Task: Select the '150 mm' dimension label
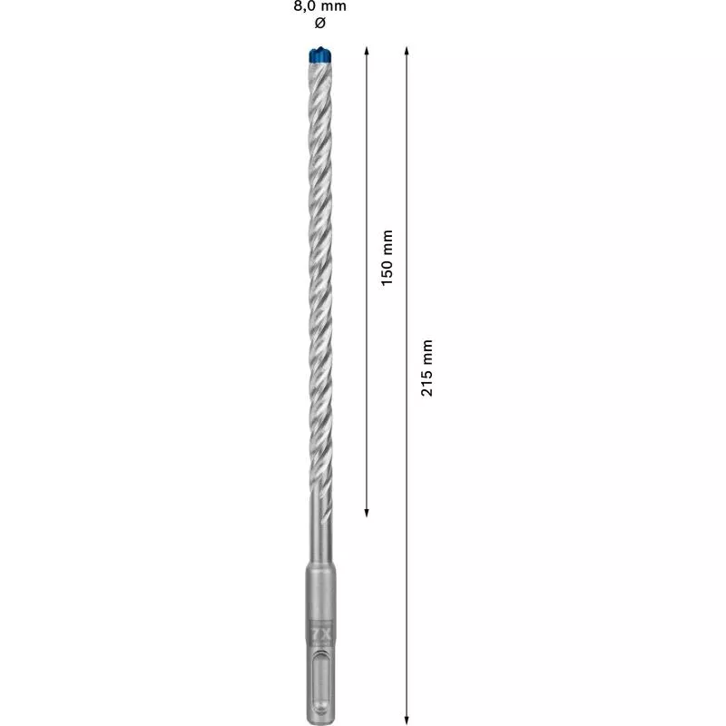(388, 259)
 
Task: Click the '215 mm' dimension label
(428, 368)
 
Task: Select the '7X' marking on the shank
(319, 633)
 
